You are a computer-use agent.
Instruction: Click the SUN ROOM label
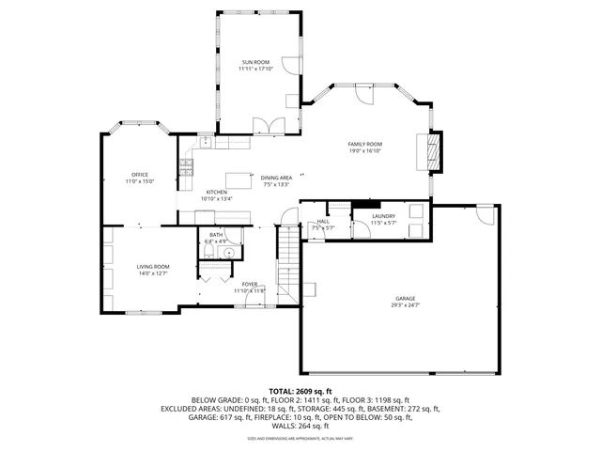pyautogui.click(x=255, y=62)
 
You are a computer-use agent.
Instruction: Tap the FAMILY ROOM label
pyautogui.click(x=365, y=144)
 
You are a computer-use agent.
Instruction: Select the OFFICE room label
pyautogui.click(x=140, y=174)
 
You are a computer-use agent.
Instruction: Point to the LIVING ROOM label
pyautogui.click(x=153, y=267)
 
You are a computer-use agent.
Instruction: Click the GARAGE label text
pyautogui.click(x=406, y=300)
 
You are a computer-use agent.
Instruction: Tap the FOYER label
pyautogui.click(x=250, y=284)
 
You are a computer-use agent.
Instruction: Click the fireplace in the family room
pyautogui.click(x=433, y=150)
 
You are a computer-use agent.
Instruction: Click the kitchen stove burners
pyautogui.click(x=187, y=167)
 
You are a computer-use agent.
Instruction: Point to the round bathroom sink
pyautogui.click(x=226, y=253)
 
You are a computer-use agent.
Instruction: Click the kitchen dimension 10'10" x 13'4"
pyautogui.click(x=216, y=199)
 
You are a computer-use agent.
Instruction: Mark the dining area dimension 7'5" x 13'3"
pyautogui.click(x=276, y=184)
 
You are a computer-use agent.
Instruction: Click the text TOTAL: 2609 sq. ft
pyautogui.click(x=300, y=391)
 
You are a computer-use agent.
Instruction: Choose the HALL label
pyautogui.click(x=322, y=221)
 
